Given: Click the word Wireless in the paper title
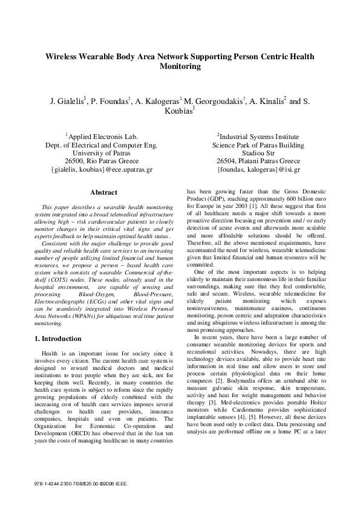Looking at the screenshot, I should [64, 56].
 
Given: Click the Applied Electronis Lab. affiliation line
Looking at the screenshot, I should [102, 137].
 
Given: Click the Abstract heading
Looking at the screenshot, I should [103, 193].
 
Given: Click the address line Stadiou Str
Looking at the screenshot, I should [258, 154].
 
